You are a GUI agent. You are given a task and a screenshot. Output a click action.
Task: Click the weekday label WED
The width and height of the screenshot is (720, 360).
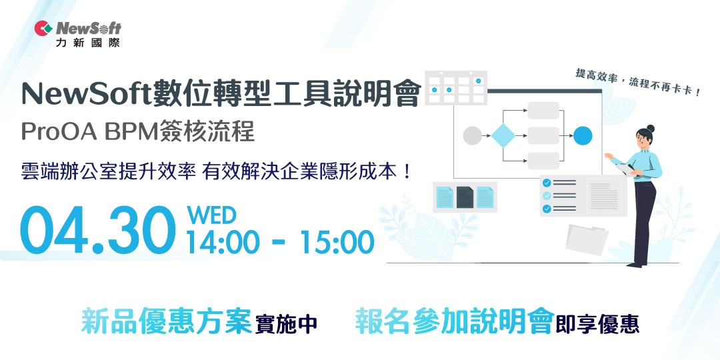pos(211,215)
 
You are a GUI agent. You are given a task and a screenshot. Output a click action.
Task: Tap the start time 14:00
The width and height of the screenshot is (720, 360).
pos(223,243)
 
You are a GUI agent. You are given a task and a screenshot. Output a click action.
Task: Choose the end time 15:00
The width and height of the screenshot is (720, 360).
pos(337,243)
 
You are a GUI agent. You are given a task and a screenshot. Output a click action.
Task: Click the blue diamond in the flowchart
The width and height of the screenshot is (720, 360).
pos(504,136)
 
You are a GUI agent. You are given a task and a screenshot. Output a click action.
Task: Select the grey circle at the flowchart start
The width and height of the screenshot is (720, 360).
pos(471,136)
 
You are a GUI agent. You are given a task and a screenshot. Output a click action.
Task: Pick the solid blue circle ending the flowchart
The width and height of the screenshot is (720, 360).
pos(583,136)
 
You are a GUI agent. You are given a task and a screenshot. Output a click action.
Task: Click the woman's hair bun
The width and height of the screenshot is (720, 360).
pos(651,128)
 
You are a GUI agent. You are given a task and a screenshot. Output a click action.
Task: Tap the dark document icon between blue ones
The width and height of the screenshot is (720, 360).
pos(465,197)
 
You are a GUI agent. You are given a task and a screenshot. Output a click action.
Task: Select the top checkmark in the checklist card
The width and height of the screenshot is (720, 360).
pos(547,183)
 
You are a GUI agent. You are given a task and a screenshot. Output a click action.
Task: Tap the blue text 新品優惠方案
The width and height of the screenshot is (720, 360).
pos(167,321)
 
